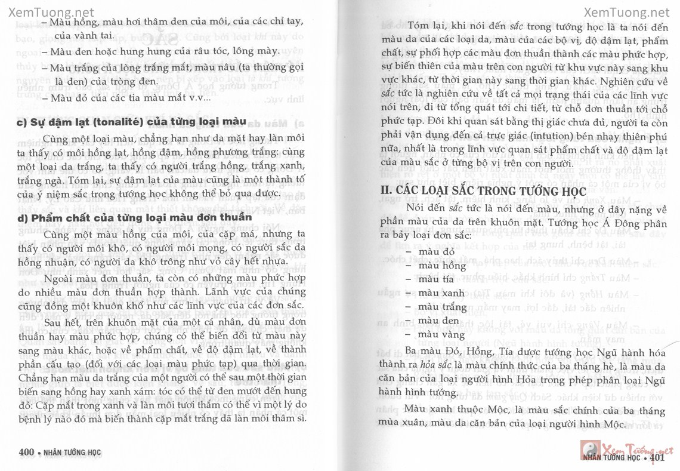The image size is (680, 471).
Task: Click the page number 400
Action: pyautogui.click(x=26, y=452)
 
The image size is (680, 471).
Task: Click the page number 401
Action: pyautogui.click(x=657, y=458)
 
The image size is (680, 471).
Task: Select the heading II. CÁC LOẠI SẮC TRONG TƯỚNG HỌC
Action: pyautogui.click(x=483, y=191)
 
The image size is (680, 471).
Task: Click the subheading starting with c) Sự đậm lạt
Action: pyautogui.click(x=123, y=123)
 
